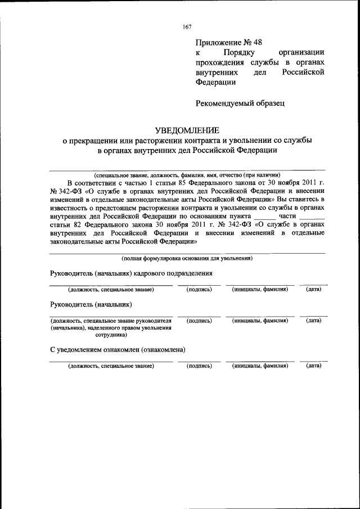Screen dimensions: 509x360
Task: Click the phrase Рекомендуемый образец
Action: pyautogui.click(x=240, y=103)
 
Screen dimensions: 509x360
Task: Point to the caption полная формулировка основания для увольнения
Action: pyautogui.click(x=187, y=258)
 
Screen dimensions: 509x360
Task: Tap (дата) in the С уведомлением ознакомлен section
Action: pyautogui.click(x=313, y=366)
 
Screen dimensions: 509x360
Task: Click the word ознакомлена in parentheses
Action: pyautogui.click(x=164, y=350)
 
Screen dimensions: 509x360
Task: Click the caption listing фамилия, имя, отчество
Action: pyautogui.click(x=187, y=174)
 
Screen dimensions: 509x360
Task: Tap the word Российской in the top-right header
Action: pyautogui.click(x=304, y=73)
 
